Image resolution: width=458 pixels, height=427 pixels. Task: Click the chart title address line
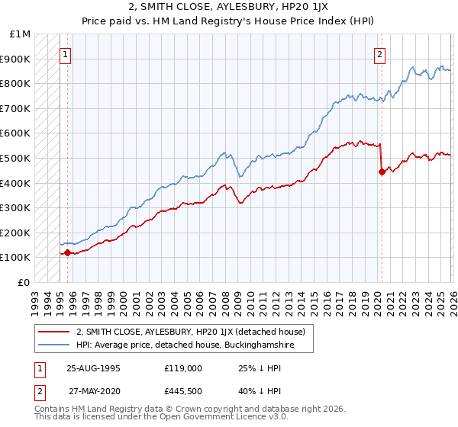click(229, 7)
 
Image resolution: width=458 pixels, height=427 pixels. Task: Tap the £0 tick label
click(23, 282)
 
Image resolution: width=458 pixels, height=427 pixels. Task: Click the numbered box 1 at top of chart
click(66, 54)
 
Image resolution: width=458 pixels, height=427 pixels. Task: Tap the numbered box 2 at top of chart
click(379, 54)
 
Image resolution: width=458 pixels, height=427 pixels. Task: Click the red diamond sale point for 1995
click(67, 252)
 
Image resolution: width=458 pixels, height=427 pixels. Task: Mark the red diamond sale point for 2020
click(381, 172)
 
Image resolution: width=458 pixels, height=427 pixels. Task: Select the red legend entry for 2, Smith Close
click(190, 332)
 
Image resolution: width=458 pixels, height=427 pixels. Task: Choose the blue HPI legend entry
click(184, 345)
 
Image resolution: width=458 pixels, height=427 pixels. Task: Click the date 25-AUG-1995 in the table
click(93, 368)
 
